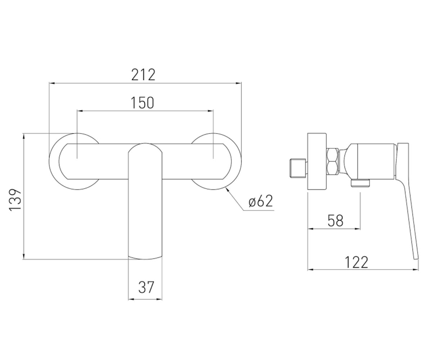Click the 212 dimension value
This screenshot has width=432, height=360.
(143, 75)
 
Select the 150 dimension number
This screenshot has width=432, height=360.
(142, 103)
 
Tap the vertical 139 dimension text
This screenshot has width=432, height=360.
(15, 200)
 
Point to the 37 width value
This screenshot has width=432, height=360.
(146, 287)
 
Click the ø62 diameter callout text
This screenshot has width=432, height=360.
(261, 201)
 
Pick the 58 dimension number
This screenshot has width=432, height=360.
(336, 221)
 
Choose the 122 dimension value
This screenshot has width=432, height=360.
(356, 262)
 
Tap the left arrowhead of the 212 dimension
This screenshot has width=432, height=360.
(52, 83)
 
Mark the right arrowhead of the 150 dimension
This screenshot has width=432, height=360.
(211, 111)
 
